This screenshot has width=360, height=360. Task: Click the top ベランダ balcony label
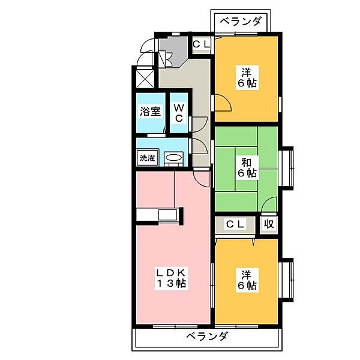(x=240, y=21)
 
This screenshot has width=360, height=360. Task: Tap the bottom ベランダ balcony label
(x=206, y=336)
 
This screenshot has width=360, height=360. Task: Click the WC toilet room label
(x=179, y=112)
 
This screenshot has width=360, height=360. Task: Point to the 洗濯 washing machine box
(x=147, y=158)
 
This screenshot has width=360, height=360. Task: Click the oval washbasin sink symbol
(x=173, y=158)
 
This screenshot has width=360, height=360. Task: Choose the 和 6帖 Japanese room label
(x=246, y=167)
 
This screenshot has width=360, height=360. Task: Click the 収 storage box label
(x=268, y=224)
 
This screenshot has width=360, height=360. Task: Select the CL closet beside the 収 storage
(x=235, y=224)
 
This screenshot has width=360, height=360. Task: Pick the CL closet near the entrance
(x=200, y=43)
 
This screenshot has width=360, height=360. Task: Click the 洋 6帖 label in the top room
(x=246, y=77)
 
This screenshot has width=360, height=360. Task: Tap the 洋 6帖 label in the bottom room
(x=246, y=280)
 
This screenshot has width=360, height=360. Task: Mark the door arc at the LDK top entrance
(x=203, y=175)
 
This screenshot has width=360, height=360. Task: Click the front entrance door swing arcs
(x=146, y=54)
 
